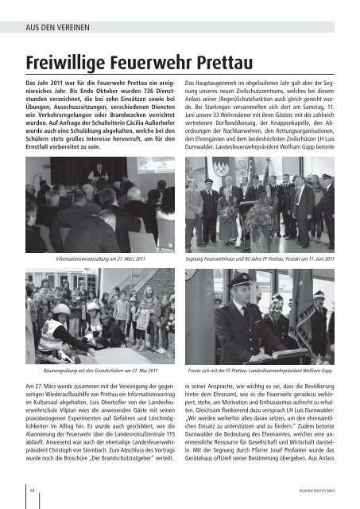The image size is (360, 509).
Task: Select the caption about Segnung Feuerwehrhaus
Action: tap(259, 258)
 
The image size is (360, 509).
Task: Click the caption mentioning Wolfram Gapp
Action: tap(259, 370)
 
